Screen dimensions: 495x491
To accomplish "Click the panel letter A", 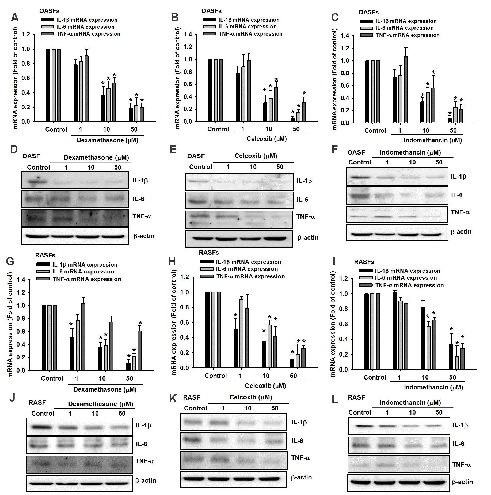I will [15, 18].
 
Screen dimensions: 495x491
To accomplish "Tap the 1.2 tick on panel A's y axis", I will [26, 34].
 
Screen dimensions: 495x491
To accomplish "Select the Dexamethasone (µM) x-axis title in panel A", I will [107, 140].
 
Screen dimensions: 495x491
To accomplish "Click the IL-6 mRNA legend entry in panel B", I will [247, 27].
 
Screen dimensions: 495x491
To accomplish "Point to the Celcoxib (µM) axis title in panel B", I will [267, 139].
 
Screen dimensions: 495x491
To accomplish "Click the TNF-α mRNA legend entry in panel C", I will [407, 35].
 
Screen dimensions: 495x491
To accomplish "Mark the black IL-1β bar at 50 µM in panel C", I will [450, 121].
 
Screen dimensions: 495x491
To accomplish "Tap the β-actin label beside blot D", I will [144, 236].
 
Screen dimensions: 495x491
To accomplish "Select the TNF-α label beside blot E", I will [305, 216].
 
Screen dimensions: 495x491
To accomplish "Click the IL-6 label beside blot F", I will [456, 195].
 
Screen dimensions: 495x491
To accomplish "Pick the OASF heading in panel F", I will [356, 152].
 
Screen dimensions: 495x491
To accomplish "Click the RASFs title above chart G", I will [45, 255].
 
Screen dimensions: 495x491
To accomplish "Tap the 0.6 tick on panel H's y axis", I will [185, 322].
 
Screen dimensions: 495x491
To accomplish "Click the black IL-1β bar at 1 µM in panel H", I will [235, 348].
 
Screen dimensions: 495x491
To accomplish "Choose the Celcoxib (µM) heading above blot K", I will [251, 397].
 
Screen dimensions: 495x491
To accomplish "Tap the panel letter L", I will [335, 399].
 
